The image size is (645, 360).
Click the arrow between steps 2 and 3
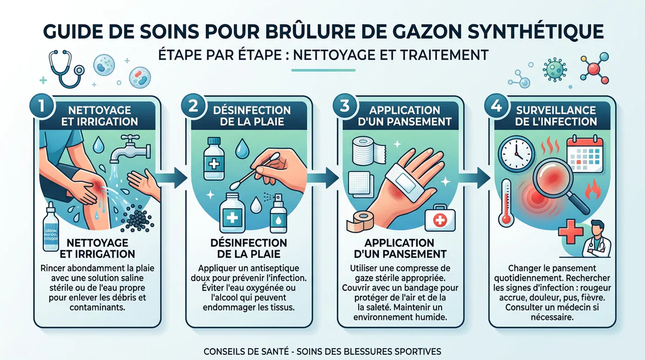330,175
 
